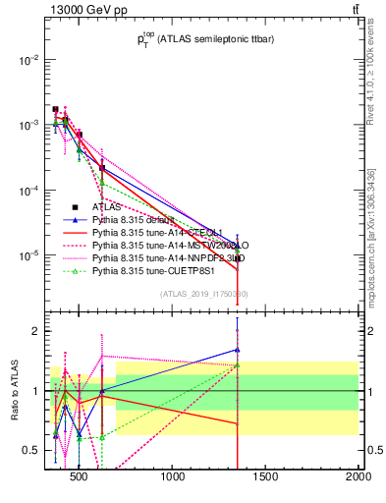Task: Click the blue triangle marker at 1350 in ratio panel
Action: pyautogui.click(x=237, y=349)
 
